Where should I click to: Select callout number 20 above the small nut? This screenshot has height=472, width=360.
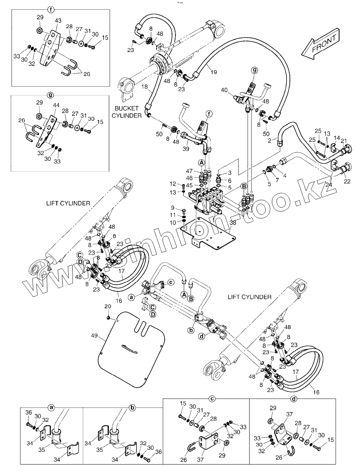coord(107,306)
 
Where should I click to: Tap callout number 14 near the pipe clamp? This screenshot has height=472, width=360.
coord(336,138)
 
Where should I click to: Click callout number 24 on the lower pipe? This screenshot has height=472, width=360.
coord(329,172)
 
